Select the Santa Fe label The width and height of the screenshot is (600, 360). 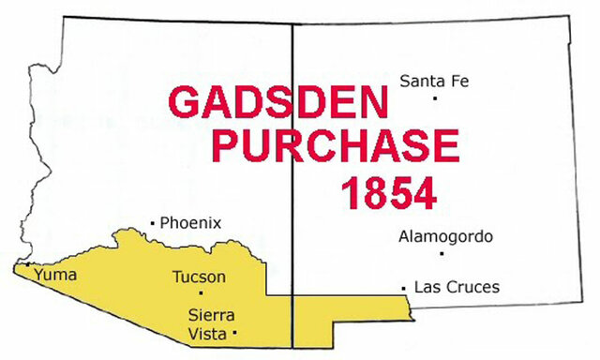(x=433, y=81)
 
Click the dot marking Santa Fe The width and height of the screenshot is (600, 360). (x=435, y=97)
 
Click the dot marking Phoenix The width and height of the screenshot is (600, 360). (x=153, y=223)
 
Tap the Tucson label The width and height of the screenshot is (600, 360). (x=199, y=277)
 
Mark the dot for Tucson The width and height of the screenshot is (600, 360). (x=201, y=292)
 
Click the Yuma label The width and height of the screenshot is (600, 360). (x=55, y=276)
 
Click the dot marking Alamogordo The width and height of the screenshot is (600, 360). (x=441, y=253)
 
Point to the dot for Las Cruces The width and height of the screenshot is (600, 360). (x=403, y=287)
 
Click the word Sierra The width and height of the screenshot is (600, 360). (x=211, y=314)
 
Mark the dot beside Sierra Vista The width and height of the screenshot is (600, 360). (x=234, y=332)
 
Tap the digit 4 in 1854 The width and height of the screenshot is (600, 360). (x=422, y=191)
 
